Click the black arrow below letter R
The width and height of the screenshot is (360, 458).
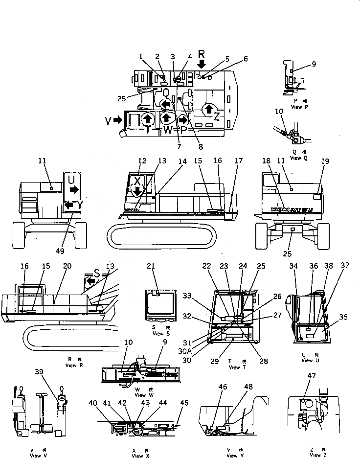[x=202, y=64]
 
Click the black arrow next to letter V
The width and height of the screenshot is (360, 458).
[x=117, y=120]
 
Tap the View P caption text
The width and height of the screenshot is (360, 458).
[x=296, y=106]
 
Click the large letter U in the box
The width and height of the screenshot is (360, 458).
[x=71, y=180]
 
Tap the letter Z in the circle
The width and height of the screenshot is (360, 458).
[x=216, y=115]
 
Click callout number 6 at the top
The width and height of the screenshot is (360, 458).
[x=246, y=59]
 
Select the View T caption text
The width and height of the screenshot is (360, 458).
[x=234, y=367]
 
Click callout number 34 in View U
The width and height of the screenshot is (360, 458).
[x=293, y=266]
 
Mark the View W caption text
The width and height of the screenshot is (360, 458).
[x=140, y=394]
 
